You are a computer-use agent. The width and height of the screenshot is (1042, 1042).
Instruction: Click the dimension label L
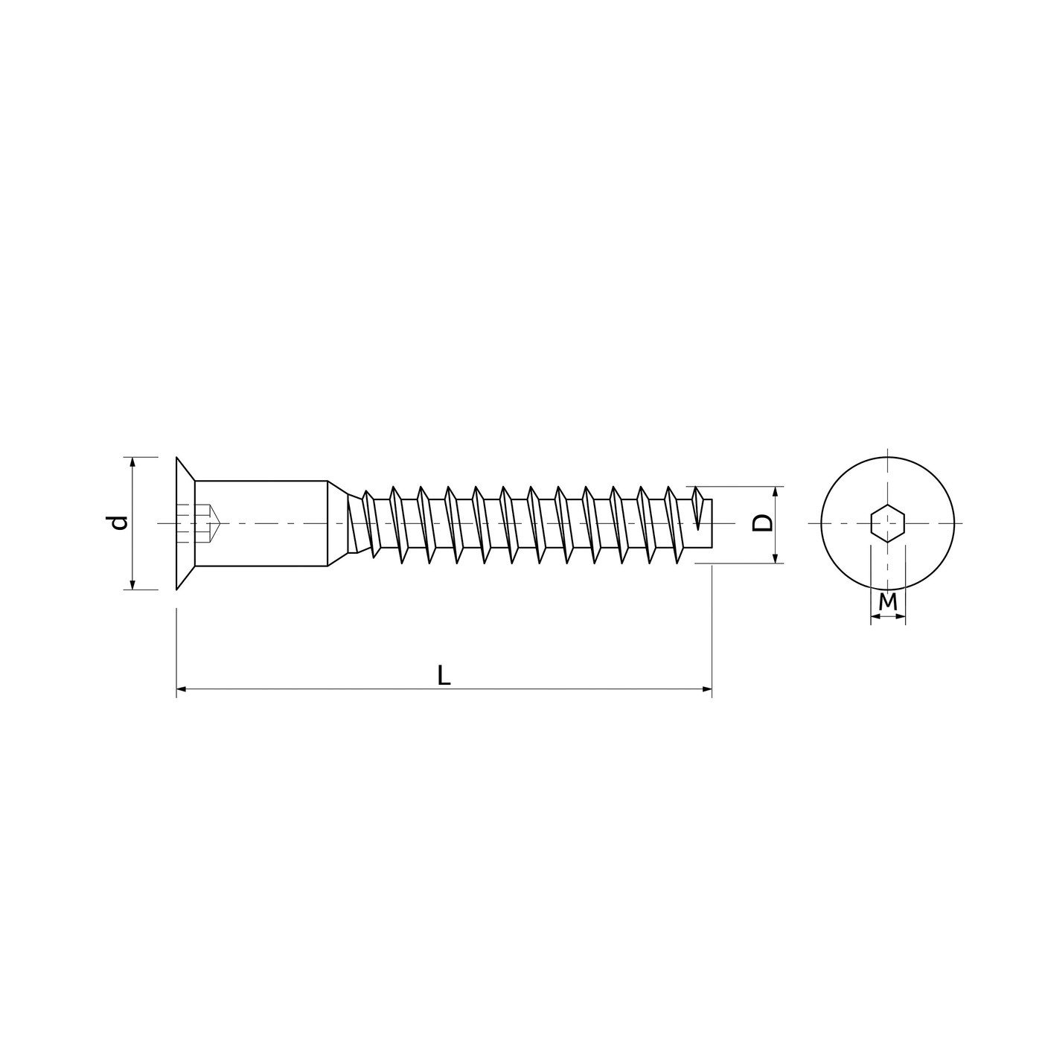click(x=444, y=675)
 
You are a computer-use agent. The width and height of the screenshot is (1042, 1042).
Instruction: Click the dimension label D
click(x=761, y=523)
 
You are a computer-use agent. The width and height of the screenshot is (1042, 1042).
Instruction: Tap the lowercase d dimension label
click(x=118, y=522)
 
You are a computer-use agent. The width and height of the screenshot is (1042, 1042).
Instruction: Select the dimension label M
click(x=887, y=602)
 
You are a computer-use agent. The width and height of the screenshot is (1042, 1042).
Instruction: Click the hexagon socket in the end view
click(x=888, y=522)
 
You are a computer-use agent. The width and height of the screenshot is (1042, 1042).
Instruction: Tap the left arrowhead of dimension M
click(x=875, y=616)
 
